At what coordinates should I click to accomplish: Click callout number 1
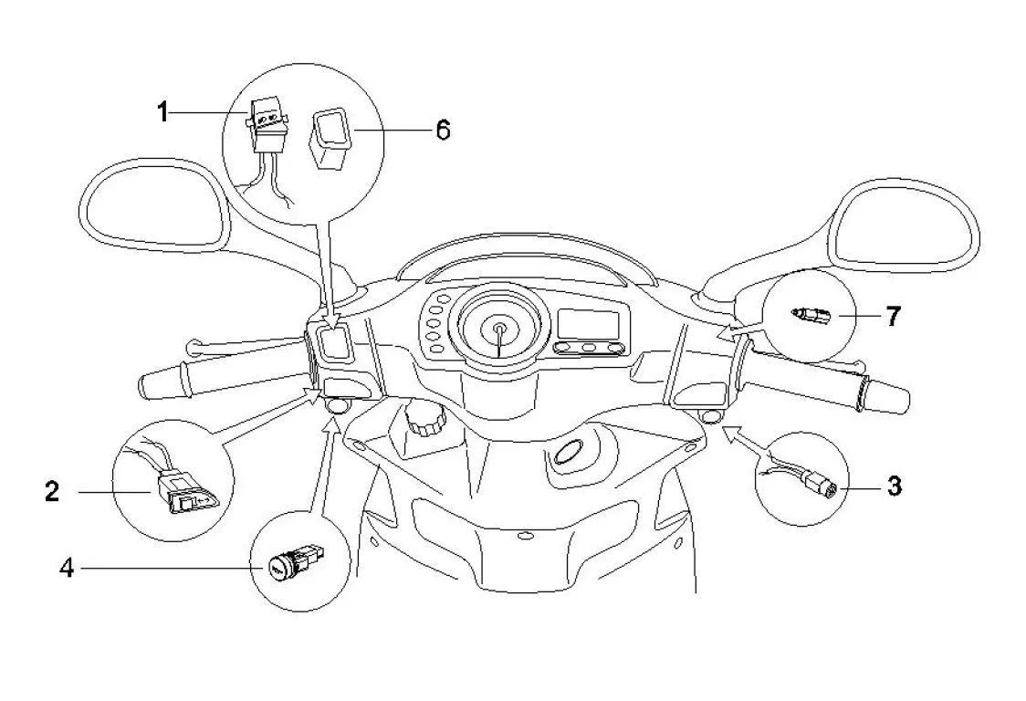coord(162,112)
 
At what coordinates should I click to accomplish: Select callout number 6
coord(443,130)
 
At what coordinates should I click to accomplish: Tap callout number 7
coord(893,316)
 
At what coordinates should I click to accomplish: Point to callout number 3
coord(895,486)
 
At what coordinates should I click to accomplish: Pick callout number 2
coord(52,491)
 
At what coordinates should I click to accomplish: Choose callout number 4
coord(67,568)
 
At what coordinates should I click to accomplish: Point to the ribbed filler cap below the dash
coord(424,420)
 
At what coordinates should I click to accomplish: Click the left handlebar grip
coord(163,381)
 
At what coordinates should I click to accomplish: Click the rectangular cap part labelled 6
coord(332,140)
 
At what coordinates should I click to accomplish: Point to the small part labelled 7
coord(811,316)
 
